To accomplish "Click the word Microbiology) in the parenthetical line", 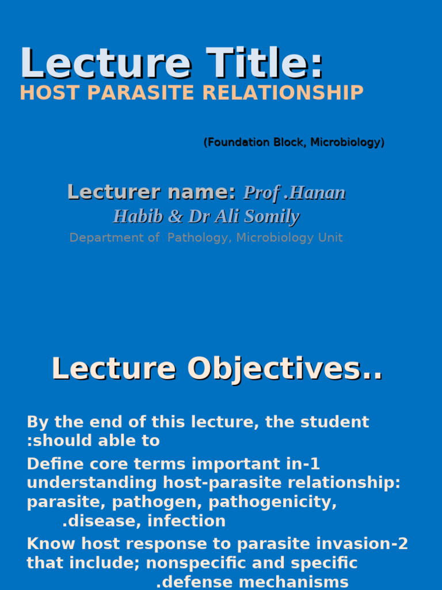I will [x=348, y=142].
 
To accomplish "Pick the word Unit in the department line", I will [x=331, y=237].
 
